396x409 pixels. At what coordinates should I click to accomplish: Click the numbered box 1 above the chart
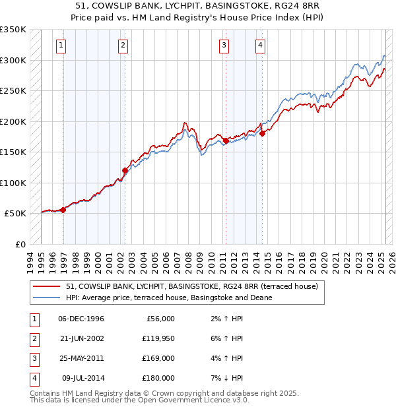point(61,46)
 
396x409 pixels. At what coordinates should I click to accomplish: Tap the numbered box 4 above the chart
point(261,46)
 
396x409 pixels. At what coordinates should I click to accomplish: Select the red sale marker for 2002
point(125,170)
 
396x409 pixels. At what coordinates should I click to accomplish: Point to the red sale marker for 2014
point(262,133)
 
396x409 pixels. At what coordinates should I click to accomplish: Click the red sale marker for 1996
point(63,210)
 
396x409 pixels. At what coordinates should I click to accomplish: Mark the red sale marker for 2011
point(226,141)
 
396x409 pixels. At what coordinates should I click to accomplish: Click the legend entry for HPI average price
point(169,298)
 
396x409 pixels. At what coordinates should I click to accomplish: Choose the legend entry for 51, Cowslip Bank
point(192,286)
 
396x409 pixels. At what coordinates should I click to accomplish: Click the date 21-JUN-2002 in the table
point(81,339)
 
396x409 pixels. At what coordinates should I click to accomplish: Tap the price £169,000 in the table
point(159,359)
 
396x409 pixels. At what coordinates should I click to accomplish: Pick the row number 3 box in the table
point(33,359)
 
